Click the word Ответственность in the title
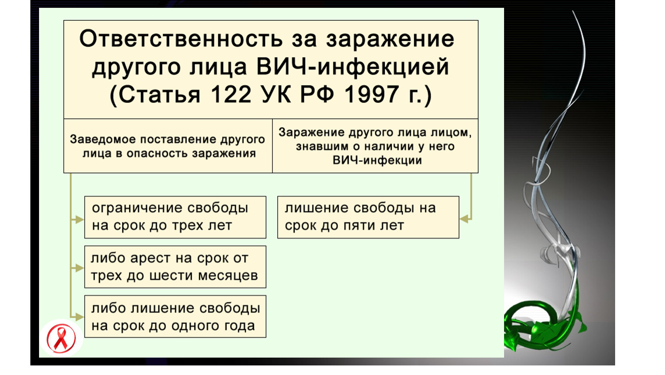(x=181, y=39)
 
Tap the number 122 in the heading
(x=231, y=95)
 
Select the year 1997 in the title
(x=371, y=95)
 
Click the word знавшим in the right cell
(x=322, y=147)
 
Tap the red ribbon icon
(x=61, y=339)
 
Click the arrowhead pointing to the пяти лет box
(x=464, y=219)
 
